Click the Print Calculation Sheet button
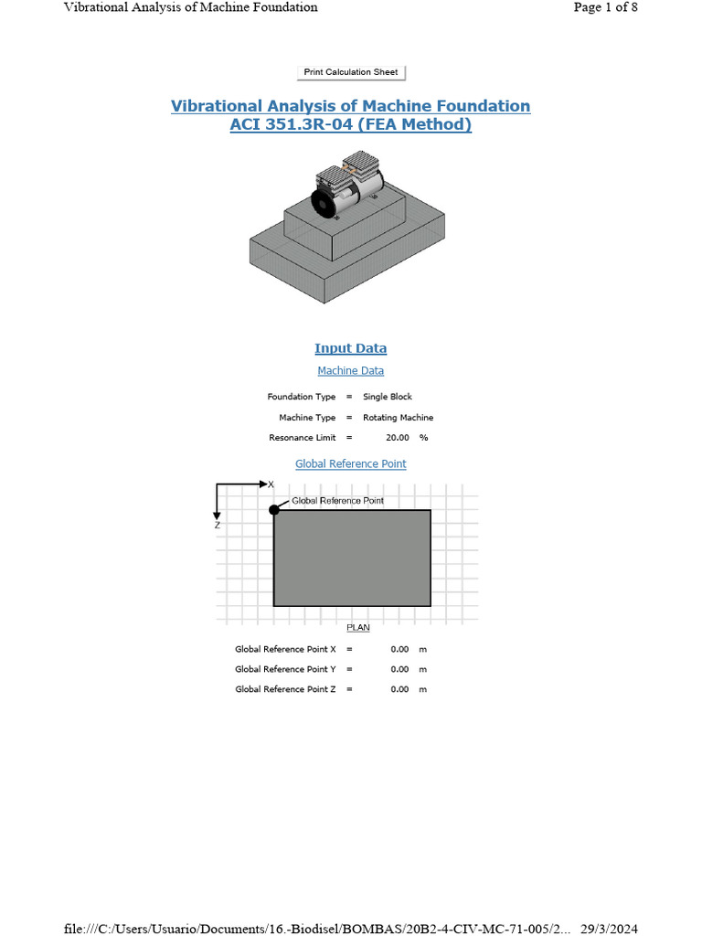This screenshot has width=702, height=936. click(351, 72)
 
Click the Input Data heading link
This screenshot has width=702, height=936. click(351, 348)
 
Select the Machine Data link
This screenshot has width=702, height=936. click(351, 371)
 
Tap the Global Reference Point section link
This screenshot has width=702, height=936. click(351, 464)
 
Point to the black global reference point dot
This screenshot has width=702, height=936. click(274, 509)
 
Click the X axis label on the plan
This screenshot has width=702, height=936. click(271, 484)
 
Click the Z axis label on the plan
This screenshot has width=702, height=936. click(218, 526)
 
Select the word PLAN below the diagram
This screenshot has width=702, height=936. click(357, 628)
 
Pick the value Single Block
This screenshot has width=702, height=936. click(388, 398)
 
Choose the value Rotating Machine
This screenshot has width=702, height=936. click(399, 418)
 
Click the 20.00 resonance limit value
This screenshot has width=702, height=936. click(398, 438)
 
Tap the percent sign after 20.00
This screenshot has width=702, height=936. click(424, 438)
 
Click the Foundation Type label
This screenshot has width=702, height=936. click(302, 398)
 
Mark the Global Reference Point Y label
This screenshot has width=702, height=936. click(285, 669)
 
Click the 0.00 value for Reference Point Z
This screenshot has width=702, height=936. click(399, 689)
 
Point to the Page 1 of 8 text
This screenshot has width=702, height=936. click(605, 7)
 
